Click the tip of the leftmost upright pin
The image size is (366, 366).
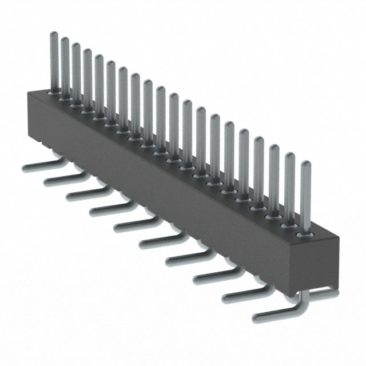(54, 35)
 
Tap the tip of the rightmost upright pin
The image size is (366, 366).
(306, 165)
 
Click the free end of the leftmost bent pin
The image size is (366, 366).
(25, 169)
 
